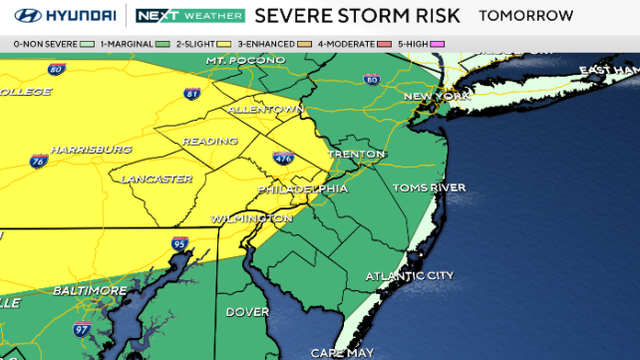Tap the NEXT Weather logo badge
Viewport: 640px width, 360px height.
point(190,16)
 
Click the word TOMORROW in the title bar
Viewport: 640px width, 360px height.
point(526,16)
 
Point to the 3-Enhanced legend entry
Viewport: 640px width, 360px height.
point(279,44)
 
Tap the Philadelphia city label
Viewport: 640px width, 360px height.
point(303,188)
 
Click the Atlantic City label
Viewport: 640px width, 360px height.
point(409,276)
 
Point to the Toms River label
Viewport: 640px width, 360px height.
point(427,187)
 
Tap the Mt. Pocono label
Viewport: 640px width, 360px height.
point(240,62)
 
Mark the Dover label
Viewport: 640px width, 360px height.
point(246,312)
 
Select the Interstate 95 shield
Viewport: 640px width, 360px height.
point(179,243)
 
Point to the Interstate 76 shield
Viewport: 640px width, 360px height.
point(37,160)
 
